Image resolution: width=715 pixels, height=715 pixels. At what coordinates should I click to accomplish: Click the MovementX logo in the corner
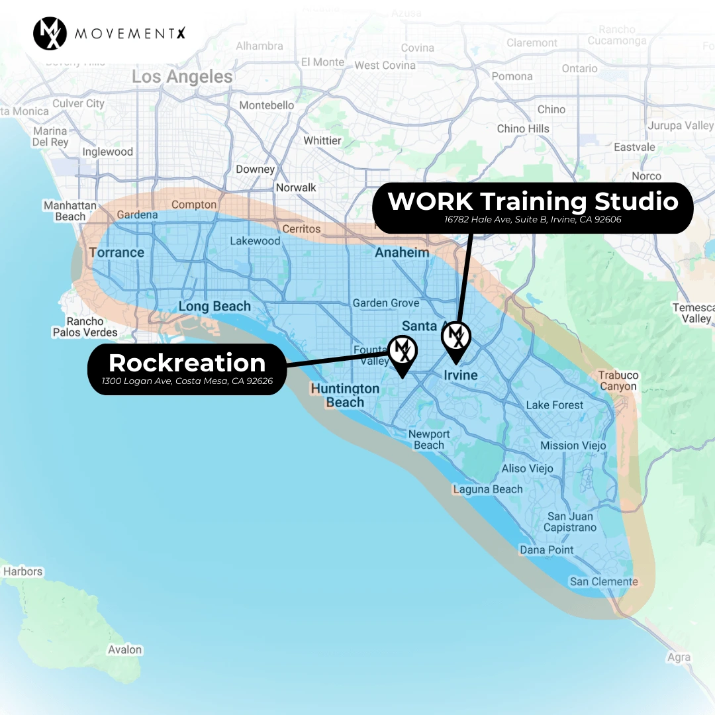pos(50,33)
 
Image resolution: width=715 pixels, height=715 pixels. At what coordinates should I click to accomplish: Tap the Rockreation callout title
pos(187,363)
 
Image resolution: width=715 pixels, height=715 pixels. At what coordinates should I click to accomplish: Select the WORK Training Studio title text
pos(533,201)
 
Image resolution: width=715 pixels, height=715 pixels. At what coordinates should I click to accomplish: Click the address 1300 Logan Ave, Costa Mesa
pos(187,381)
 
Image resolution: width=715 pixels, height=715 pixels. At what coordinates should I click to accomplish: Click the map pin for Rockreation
pos(402,353)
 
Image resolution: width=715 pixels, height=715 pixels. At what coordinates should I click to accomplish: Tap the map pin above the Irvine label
pos(455,340)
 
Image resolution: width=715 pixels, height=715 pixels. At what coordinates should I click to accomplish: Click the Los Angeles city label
pos(182,77)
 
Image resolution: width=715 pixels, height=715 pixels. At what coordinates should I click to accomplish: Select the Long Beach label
pos(215,307)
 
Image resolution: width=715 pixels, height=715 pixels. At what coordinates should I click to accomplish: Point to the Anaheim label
pos(402,252)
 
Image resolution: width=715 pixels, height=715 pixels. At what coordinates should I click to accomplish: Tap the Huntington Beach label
pos(345,395)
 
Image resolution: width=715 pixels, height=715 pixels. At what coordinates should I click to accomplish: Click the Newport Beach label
pos(429,440)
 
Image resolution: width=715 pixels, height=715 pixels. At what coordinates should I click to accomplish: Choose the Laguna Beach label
pos(488,489)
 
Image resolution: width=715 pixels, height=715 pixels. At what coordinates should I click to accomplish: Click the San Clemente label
pos(604,581)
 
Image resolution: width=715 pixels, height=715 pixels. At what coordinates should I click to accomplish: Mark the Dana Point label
pos(547,549)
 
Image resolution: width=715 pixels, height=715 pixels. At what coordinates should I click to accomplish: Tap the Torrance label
pos(117,252)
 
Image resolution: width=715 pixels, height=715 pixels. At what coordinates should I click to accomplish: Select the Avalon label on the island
pos(125,649)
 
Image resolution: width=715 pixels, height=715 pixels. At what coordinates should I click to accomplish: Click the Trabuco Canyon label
pos(618,381)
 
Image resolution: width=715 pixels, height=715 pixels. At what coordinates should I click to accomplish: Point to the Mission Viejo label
pos(573,446)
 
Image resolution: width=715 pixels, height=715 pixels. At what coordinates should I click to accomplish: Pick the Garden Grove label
pos(386,303)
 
